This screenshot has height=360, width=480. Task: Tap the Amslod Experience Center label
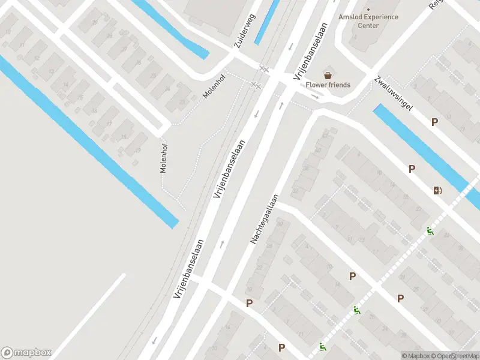368,21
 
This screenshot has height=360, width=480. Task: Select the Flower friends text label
328,85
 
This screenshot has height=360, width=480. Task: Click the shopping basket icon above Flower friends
328,75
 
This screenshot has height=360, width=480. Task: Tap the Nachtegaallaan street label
265,218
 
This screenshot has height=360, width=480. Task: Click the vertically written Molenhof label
163,158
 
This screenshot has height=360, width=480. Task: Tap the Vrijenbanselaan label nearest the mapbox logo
189,269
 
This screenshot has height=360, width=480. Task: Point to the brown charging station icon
437,191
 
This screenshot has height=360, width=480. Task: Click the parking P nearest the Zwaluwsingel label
434,122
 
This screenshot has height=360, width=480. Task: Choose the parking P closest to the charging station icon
412,169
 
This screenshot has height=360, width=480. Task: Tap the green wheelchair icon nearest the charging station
430,231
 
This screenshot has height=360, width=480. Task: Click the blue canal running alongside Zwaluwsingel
420,144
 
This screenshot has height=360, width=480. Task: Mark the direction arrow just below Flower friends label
314,96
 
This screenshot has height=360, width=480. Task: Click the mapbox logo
26,353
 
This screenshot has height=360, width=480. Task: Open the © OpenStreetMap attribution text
456,356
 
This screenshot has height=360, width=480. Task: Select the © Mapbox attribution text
416,356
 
